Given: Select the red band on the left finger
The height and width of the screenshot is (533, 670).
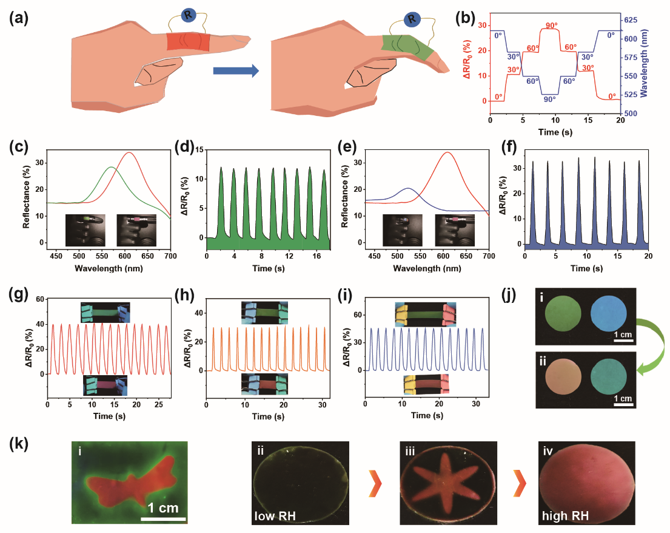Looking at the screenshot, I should (x=189, y=41).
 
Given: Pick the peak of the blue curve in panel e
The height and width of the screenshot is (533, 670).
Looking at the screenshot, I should (x=407, y=188).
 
